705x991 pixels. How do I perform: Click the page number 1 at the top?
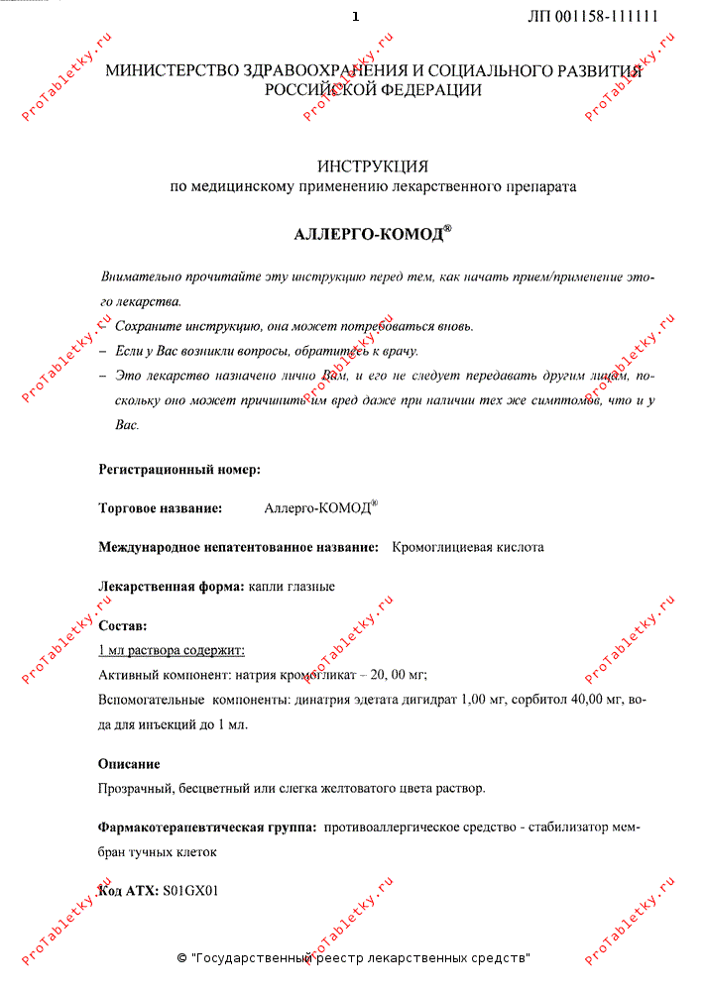[355, 17]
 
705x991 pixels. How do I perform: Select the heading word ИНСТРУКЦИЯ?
[373, 165]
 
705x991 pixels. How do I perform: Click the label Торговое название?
[160, 508]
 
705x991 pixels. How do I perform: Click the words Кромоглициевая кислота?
[468, 547]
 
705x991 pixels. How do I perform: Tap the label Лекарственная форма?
[172, 587]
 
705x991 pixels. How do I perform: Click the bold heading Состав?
[123, 626]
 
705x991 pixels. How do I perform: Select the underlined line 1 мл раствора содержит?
[172, 651]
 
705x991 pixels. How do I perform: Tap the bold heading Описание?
[129, 764]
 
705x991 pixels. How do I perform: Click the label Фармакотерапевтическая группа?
[207, 826]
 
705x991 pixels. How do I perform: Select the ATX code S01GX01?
[189, 891]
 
